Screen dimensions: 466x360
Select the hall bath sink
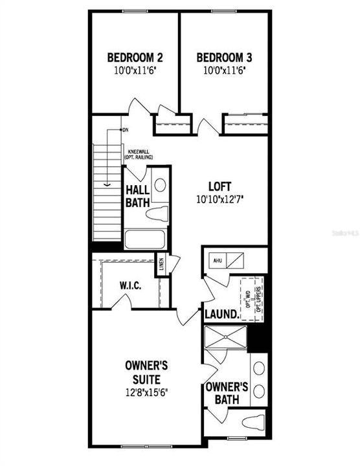point(160,184)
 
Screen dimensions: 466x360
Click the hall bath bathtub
point(146,239)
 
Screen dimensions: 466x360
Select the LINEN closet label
point(161,265)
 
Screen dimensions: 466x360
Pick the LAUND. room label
point(220,315)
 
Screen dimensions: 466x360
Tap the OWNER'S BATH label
point(227,394)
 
